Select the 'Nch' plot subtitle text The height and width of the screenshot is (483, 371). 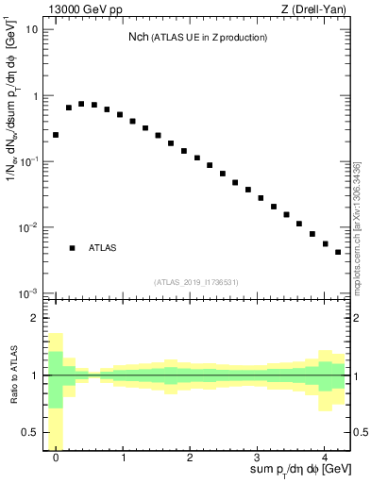[201, 37]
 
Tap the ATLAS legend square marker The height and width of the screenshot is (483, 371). [72, 248]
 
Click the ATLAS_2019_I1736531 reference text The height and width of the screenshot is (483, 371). [197, 281]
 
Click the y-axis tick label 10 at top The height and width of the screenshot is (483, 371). [31, 29]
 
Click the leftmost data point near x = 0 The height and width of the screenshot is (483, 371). [56, 135]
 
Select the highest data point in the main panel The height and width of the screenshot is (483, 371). [81, 104]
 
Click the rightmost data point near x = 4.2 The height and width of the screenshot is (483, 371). [337, 252]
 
